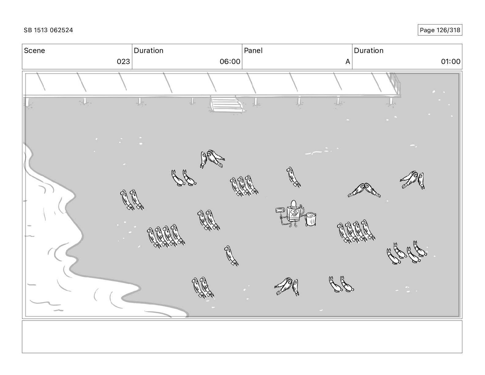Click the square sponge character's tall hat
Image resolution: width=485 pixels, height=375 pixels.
pyautogui.click(x=293, y=204)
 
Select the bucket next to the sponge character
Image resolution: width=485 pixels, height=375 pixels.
pyautogui.click(x=311, y=219)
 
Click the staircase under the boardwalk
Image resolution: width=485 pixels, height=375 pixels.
pyautogui.click(x=226, y=104)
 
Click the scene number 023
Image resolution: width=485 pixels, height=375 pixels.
pyautogui.click(x=123, y=62)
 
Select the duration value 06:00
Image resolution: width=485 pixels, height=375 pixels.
pyautogui.click(x=230, y=62)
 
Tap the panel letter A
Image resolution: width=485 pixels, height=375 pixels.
pyautogui.click(x=348, y=62)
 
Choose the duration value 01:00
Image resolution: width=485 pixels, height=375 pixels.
pyautogui.click(x=450, y=62)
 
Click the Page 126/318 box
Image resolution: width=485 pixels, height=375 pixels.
pyautogui.click(x=440, y=30)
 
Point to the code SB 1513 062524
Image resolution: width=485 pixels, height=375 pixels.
pyautogui.click(x=48, y=30)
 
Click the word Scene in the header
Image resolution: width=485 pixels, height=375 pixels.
pyautogui.click(x=34, y=51)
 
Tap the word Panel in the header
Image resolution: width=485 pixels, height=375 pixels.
pyautogui.click(x=253, y=51)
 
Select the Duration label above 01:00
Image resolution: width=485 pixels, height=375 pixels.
pyautogui.click(x=369, y=51)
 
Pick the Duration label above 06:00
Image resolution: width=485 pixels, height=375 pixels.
pyautogui.click(x=149, y=51)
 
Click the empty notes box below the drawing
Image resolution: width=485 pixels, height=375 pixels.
pyautogui.click(x=242, y=337)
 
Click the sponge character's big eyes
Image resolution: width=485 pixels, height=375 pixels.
pyautogui.click(x=293, y=211)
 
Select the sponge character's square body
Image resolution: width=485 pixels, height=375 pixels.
pyautogui.click(x=293, y=214)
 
